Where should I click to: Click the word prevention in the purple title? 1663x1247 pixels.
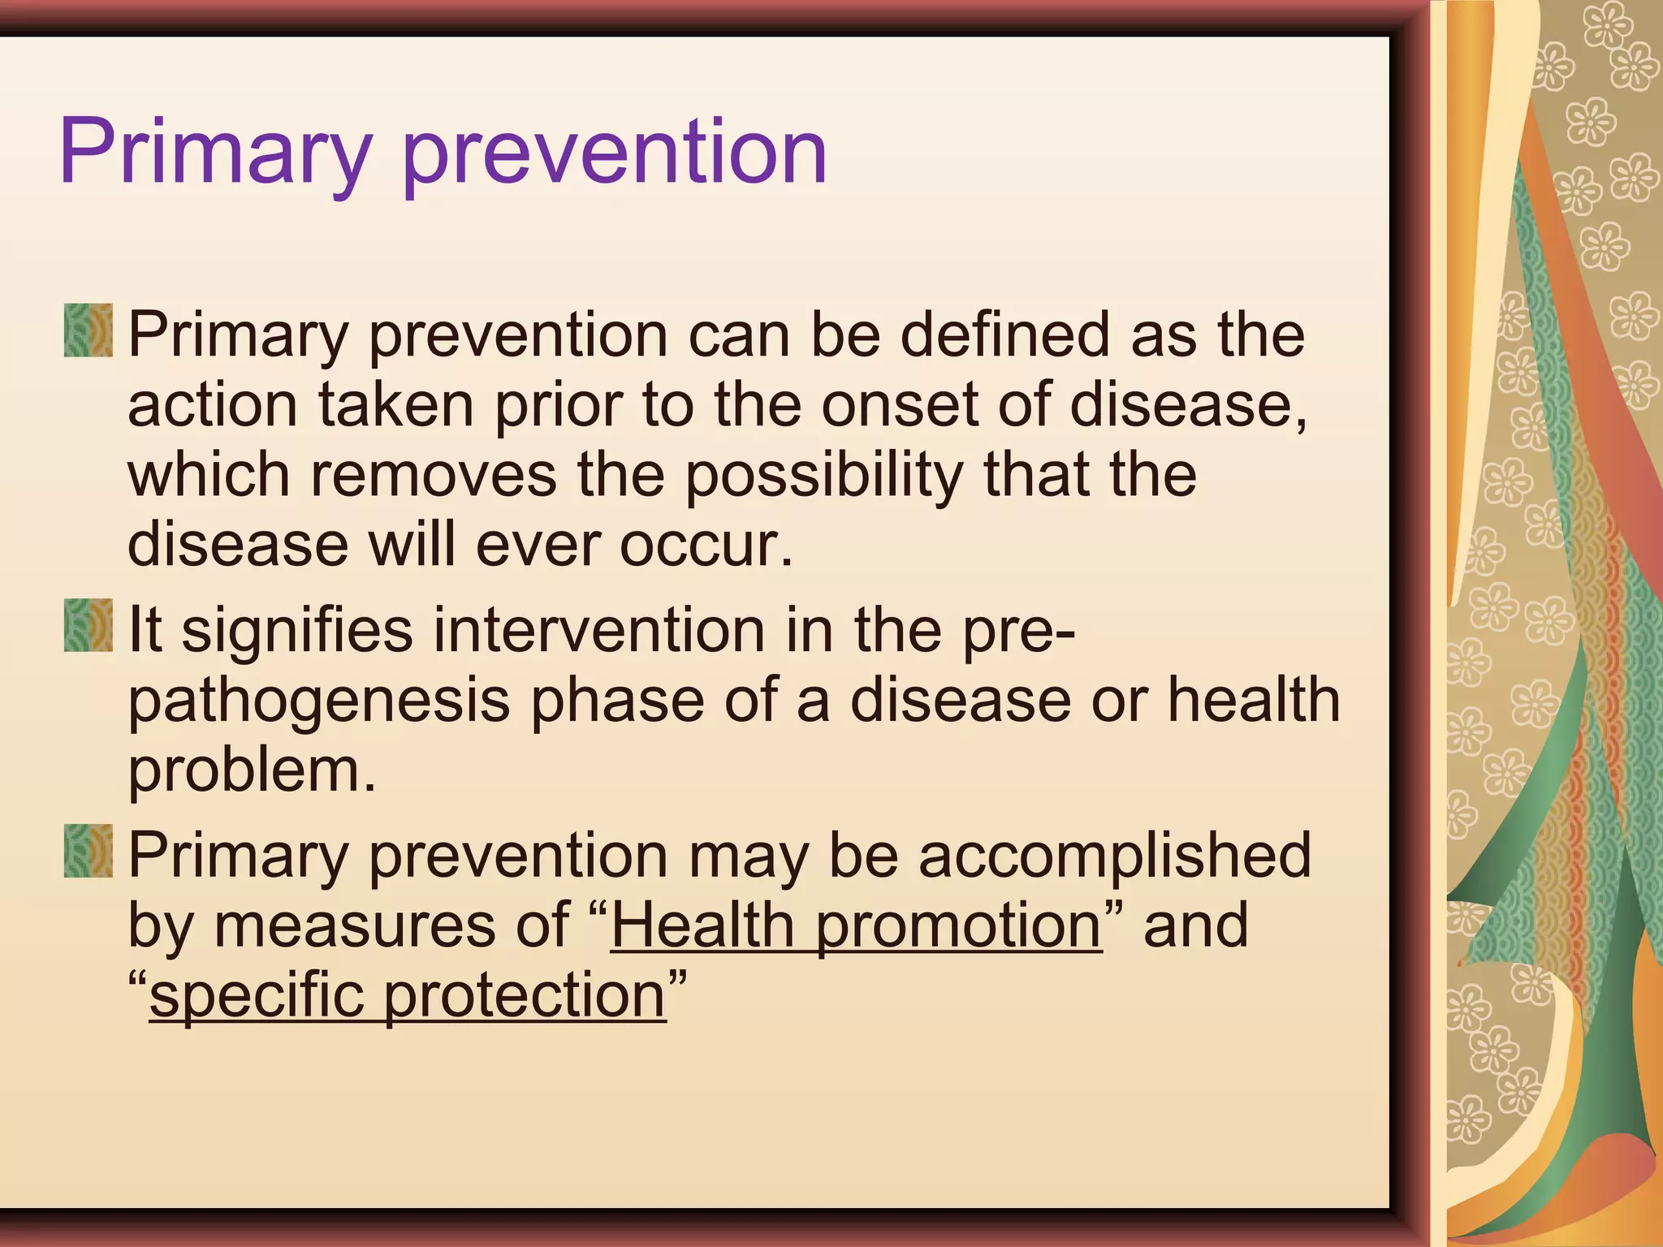coord(615,154)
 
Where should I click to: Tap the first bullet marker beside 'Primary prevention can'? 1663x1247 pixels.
coord(89,330)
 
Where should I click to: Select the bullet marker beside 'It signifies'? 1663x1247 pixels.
coord(89,625)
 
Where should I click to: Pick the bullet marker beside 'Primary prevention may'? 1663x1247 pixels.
coord(89,851)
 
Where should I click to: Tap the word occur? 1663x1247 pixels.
coord(705,546)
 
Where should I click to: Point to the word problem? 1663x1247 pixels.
coord(252,771)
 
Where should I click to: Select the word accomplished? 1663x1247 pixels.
coord(1114,857)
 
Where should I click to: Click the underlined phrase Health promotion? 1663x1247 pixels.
coord(856,926)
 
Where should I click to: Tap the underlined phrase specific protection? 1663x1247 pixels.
coord(408,996)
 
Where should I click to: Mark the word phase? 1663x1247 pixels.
coord(617,700)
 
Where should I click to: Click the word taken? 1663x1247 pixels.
coord(396,404)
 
